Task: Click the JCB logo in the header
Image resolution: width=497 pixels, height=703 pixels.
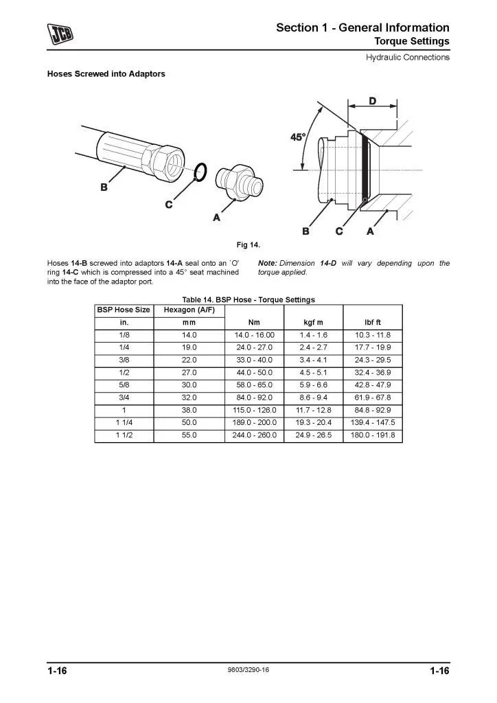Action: coord(60,32)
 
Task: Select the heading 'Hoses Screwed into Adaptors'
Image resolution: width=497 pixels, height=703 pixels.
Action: coord(106,73)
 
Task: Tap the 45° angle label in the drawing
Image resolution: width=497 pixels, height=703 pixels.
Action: coord(297,137)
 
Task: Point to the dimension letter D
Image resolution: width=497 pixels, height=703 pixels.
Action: coord(372,101)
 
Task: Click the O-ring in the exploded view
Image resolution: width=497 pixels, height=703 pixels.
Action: coord(200,172)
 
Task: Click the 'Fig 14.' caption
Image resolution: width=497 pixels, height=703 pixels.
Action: coord(248,244)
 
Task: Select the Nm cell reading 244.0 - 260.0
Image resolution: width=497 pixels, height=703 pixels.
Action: coord(254,435)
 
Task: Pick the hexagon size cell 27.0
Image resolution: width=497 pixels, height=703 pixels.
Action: coord(189,372)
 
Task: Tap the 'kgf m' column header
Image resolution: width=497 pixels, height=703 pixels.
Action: coord(312,322)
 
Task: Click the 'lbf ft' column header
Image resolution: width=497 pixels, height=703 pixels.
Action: coord(373,322)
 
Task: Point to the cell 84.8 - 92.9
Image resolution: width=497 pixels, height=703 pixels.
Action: coord(373,410)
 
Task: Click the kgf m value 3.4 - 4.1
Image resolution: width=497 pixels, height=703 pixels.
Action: coord(312,360)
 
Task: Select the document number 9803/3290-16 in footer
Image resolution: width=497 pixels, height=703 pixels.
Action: coord(248,669)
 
